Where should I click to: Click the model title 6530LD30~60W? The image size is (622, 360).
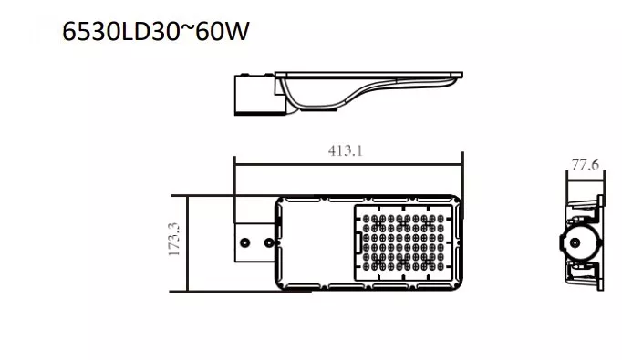point(156,31)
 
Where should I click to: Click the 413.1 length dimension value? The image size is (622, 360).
point(346,150)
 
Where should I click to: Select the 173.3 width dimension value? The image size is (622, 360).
point(174,239)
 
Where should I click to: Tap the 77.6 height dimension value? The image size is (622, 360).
point(586,165)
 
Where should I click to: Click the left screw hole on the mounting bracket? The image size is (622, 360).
point(245,242)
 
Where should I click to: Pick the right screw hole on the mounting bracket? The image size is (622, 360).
point(269,242)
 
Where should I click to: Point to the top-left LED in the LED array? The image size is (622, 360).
point(366,219)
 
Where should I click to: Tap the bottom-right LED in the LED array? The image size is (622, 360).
point(441,266)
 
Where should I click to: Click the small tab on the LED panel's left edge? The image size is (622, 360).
point(358,242)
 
